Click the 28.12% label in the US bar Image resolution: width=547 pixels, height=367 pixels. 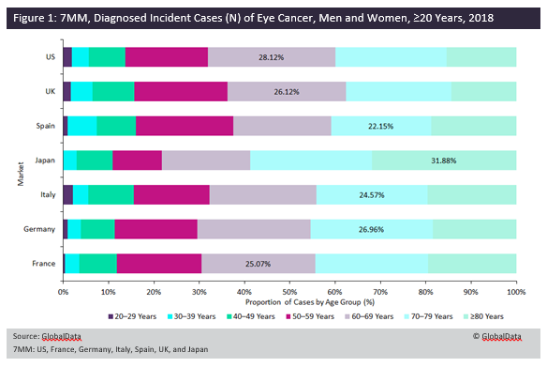(x=272, y=56)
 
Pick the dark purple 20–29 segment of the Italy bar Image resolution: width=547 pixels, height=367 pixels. (x=67, y=194)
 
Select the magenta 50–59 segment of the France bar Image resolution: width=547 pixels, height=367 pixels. (x=159, y=263)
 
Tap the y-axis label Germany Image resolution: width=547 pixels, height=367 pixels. (x=39, y=228)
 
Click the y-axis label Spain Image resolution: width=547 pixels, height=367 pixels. (x=44, y=126)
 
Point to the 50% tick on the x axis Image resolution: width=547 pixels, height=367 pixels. (x=289, y=293)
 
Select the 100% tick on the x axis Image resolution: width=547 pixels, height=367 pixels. (x=516, y=293)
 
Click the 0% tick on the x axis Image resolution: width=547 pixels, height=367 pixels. (x=63, y=293)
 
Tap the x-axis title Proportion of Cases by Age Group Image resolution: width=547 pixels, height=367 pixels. (x=289, y=303)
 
